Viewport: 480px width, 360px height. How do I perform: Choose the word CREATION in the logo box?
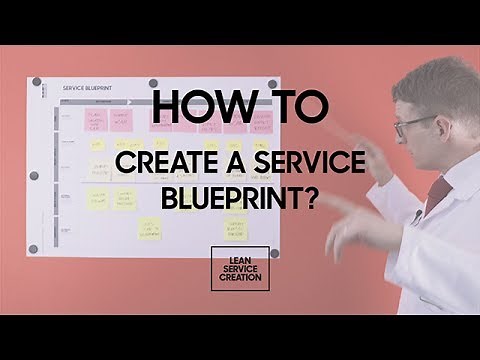240,279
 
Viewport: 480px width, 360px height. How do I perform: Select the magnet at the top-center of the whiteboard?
153,83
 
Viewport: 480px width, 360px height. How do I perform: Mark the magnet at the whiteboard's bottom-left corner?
35,248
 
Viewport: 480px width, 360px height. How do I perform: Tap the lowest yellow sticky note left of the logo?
149,228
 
